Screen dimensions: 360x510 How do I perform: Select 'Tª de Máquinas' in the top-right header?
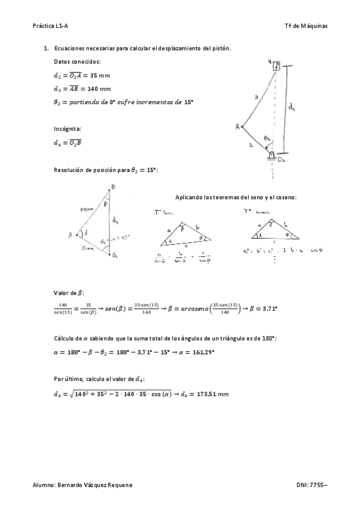pyautogui.click(x=306, y=26)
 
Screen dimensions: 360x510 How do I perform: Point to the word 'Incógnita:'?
pyautogui.click(x=67, y=129)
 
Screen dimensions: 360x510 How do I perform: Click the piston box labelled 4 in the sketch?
pyautogui.click(x=276, y=66)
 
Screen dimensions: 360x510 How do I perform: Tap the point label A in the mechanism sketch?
pyautogui.click(x=238, y=127)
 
